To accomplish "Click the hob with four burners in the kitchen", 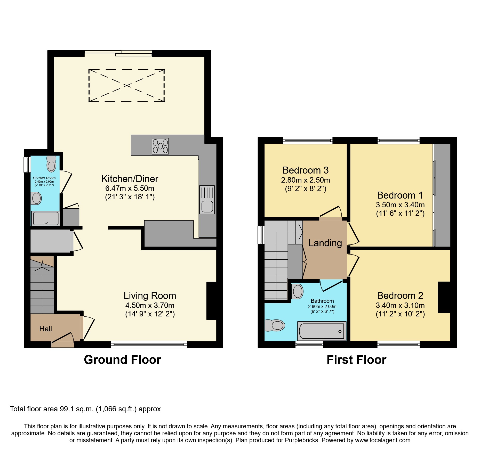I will click(160, 146).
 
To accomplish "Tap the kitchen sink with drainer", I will click(207, 200).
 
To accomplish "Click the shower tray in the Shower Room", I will click(46, 218).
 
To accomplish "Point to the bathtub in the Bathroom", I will click(322, 331).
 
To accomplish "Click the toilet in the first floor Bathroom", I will click(275, 325).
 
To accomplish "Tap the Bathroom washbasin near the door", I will click(297, 291).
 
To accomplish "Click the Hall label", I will click(46, 329).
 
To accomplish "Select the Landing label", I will click(325, 243).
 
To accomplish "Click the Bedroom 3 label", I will click(305, 170).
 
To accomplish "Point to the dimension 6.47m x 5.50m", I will click(130, 188).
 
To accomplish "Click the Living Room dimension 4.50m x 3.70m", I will click(150, 305).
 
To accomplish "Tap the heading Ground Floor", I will click(122, 360).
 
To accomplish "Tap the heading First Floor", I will click(356, 360).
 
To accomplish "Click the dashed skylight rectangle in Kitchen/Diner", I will click(126, 85).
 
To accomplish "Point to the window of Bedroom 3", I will click(308, 140).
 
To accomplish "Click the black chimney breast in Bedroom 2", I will click(444, 297).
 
